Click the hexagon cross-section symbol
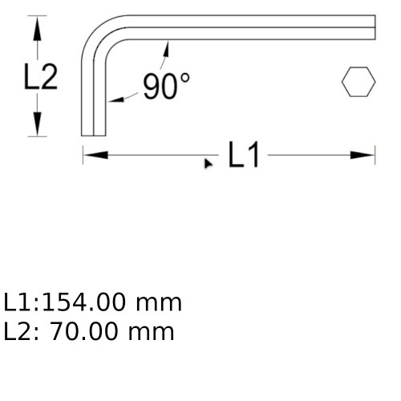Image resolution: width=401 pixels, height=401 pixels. pyautogui.click(x=358, y=83)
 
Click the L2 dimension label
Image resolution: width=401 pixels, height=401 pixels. pyautogui.click(x=40, y=77)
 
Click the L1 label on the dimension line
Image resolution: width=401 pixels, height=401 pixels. pyautogui.click(x=244, y=155)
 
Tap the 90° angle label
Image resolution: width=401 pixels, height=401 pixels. pyautogui.click(x=166, y=86)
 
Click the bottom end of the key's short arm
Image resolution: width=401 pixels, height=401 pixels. pyautogui.click(x=95, y=135)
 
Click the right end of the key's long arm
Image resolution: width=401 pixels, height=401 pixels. pyautogui.click(x=373, y=26)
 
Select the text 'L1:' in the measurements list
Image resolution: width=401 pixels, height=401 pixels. pyautogui.click(x=20, y=302)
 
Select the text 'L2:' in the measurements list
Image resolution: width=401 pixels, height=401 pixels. pyautogui.click(x=20, y=330)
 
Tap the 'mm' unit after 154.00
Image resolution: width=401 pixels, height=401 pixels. pyautogui.click(x=159, y=302)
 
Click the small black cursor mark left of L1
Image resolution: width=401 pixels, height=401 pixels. pyautogui.click(x=209, y=163)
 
